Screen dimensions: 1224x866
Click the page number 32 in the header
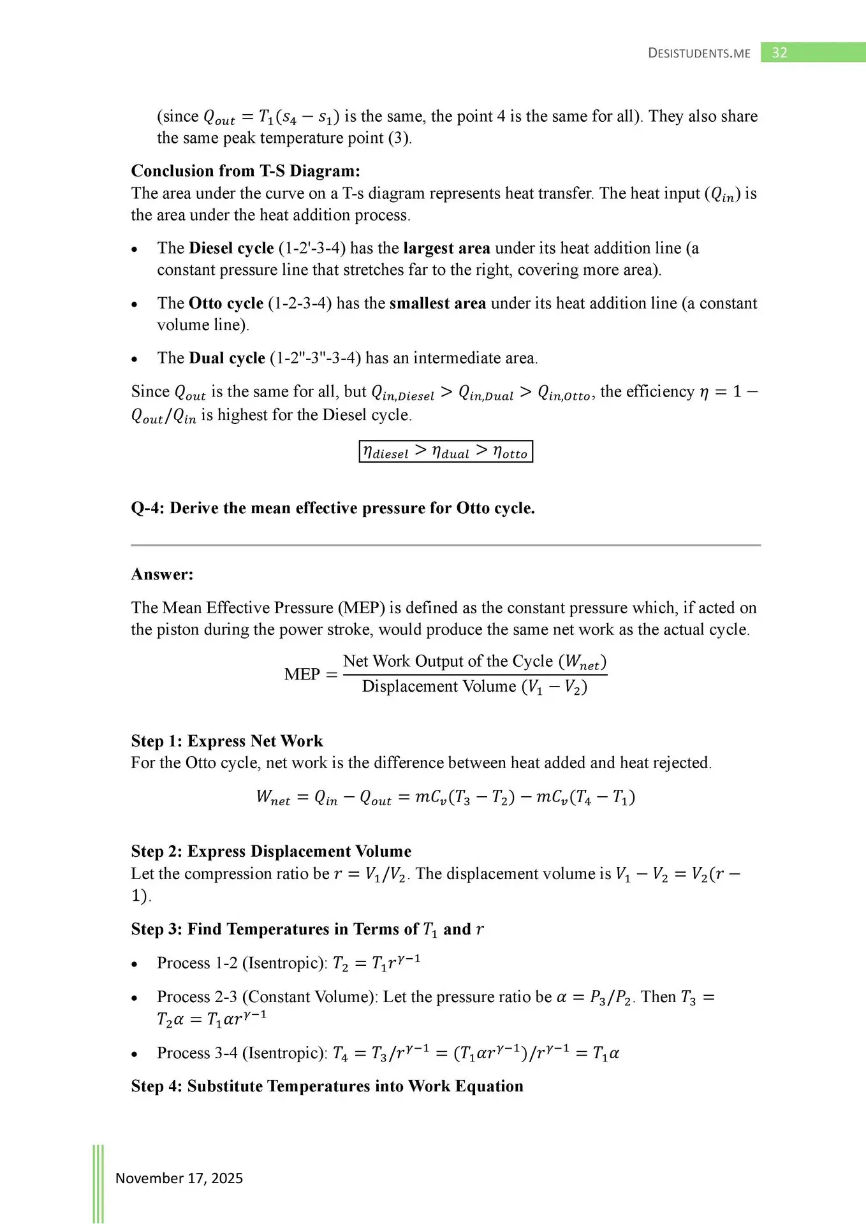coord(779,52)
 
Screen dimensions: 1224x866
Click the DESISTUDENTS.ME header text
coord(699,54)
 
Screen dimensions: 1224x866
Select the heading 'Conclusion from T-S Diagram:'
coord(246,171)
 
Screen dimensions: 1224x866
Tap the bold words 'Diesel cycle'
coord(231,248)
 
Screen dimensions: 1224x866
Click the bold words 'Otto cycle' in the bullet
coord(226,303)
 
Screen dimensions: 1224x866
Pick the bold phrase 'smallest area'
coord(437,303)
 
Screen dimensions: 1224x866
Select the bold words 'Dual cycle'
coord(227,358)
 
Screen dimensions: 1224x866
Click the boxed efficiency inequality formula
coord(445,451)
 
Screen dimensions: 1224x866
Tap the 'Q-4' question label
coord(146,508)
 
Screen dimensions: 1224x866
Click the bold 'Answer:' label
coord(162,574)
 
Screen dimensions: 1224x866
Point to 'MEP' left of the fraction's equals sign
coord(302,674)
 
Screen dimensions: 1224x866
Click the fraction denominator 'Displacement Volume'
coord(439,687)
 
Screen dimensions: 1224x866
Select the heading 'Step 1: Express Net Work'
coord(227,741)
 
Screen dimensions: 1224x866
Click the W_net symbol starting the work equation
coord(272,797)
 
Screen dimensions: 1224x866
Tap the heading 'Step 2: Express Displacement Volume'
coord(271,851)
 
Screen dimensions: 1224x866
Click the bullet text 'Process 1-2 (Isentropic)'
coord(242,963)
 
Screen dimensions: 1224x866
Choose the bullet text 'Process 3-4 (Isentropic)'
coord(242,1053)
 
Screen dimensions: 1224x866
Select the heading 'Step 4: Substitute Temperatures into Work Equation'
coord(327,1086)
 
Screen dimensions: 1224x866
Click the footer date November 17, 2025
coord(179,1178)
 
